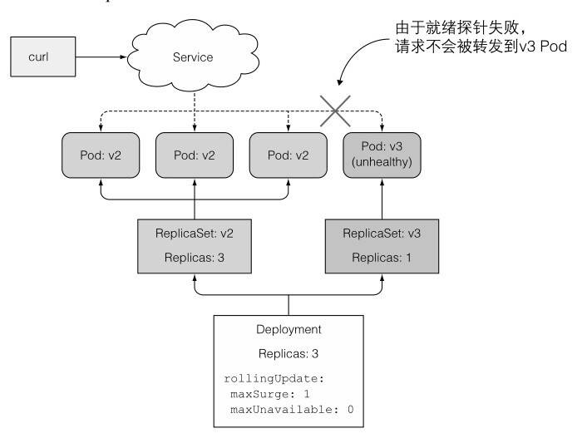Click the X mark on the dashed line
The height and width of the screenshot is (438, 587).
[336, 111]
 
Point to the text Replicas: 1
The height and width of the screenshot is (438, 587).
[382, 258]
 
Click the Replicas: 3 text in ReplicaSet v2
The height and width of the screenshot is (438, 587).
[194, 258]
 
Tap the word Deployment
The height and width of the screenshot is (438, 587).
[289, 329]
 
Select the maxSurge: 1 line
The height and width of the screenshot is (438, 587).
[271, 393]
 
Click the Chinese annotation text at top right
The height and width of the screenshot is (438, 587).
[481, 38]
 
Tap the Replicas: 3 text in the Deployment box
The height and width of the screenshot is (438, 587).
[289, 353]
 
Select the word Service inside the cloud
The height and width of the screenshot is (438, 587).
[192, 57]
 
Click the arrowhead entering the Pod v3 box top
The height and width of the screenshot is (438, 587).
[382, 126]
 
